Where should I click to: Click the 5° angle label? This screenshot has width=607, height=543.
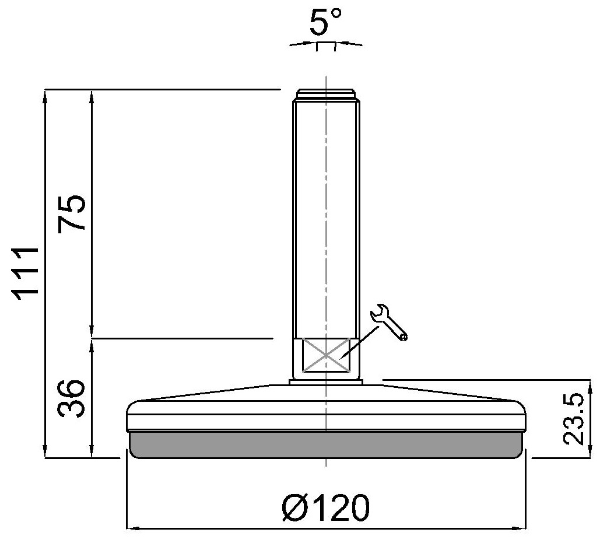[325, 22]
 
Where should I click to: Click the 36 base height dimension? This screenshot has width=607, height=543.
[71, 398]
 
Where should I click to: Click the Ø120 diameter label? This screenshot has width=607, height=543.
[326, 507]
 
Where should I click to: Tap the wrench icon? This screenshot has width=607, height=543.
[389, 322]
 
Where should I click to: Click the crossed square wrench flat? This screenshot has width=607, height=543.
[326, 355]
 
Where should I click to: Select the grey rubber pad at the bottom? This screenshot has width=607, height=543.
[327, 445]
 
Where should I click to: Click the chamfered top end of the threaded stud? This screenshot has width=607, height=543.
[326, 96]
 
